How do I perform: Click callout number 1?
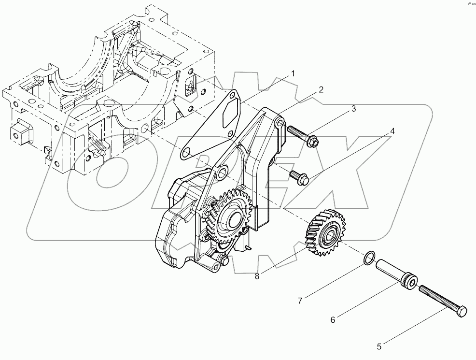(292, 73)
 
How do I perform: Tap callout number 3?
(353, 109)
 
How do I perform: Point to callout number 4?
(392, 131)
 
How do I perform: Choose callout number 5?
(379, 346)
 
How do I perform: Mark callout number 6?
(333, 319)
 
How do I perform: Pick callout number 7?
(300, 301)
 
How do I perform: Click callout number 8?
(257, 276)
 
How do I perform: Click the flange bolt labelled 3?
(302, 136)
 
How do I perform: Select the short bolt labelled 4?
(298, 177)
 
